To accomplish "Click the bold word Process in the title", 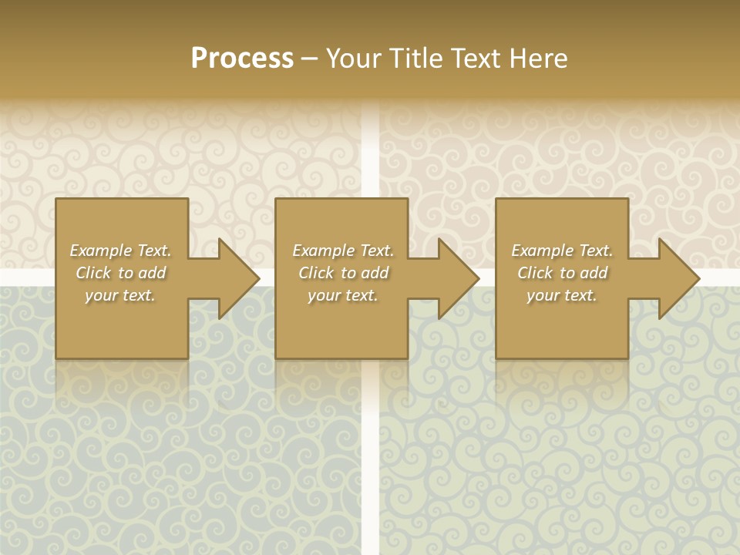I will coord(242,59).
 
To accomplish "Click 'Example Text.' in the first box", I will coord(120,251).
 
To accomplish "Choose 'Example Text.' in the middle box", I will coord(343,251).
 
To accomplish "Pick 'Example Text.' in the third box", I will coord(562,251).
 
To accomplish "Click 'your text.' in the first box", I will coord(120,295).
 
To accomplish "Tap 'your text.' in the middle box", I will coord(343,295).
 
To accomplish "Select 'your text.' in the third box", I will coord(562,295).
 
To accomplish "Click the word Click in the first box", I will coord(93,273).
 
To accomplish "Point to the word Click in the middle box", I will coord(316,273).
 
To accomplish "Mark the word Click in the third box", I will coord(535,273).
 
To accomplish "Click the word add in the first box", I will coord(153,273).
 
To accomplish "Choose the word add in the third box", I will coord(594,273).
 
